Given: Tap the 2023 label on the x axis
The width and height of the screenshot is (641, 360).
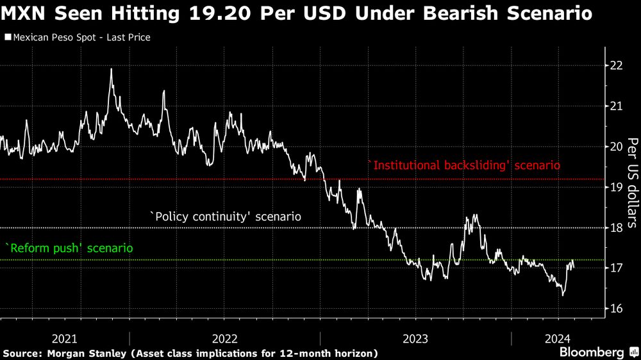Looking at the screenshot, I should [x=416, y=338].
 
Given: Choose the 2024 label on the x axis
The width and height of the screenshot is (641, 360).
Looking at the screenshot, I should [x=556, y=338].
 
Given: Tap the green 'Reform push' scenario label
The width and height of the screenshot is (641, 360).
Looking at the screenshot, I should [x=69, y=247].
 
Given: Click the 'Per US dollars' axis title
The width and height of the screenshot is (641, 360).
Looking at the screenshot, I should [x=631, y=183].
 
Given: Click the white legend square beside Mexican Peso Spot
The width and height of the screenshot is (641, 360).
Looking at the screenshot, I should [x=7, y=38].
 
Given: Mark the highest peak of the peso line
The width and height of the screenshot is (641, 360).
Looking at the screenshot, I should [x=111, y=69].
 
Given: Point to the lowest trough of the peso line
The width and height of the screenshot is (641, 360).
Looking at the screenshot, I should [x=562, y=295].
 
